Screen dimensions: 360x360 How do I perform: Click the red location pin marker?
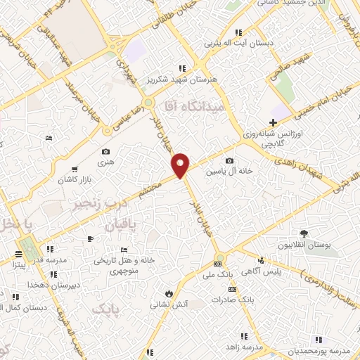tap(181, 165)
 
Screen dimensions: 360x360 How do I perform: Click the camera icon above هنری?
tap(105, 152)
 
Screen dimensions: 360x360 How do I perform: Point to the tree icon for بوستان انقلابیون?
tap(304, 233)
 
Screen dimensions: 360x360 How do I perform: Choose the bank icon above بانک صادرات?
tap(232, 290)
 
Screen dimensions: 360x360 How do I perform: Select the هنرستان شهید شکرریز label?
tap(181, 79)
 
